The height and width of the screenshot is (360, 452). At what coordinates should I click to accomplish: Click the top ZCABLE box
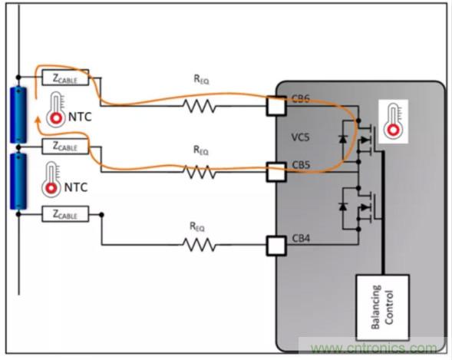point(65,78)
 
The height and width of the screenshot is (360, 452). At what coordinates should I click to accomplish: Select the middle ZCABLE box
point(65,145)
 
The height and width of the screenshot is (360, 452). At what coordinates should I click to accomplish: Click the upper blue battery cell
point(18,115)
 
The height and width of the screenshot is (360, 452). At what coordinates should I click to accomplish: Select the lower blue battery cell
point(18,181)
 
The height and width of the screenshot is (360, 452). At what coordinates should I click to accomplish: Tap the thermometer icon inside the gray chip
point(394,121)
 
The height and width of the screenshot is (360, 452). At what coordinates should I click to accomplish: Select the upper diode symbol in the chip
point(342,139)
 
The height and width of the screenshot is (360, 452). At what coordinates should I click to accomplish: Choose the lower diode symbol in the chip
point(342,206)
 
